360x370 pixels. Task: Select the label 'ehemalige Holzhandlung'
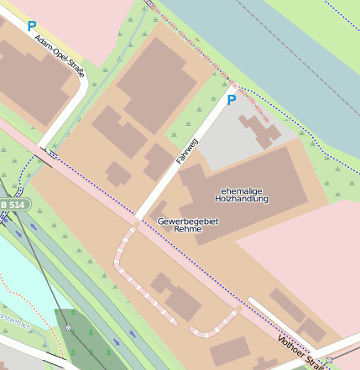click(x=243, y=195)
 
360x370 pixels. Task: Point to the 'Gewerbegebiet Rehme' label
click(x=187, y=224)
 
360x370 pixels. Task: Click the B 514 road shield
click(x=14, y=204)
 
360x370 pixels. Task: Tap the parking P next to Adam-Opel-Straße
click(x=31, y=27)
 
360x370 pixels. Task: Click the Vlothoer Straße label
click(x=301, y=352)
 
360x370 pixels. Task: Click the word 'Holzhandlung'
click(x=243, y=200)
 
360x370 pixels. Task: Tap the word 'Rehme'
click(x=187, y=229)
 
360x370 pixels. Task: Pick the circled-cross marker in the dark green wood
click(x=69, y=327)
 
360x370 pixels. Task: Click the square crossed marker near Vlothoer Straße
click(x=330, y=360)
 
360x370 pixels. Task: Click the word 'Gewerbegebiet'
click(x=187, y=220)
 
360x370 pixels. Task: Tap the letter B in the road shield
click(x=6, y=204)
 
